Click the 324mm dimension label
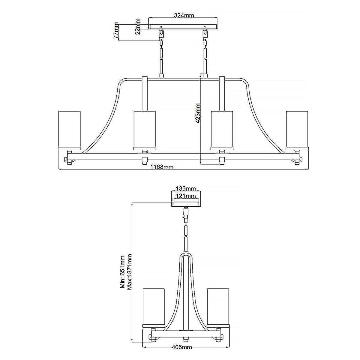184,16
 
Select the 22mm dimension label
138,26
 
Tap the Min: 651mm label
122,272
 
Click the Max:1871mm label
130,272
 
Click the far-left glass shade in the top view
69,130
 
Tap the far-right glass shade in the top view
297,130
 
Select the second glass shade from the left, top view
144,130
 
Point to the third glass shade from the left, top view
222,130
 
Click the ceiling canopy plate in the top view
184,26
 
